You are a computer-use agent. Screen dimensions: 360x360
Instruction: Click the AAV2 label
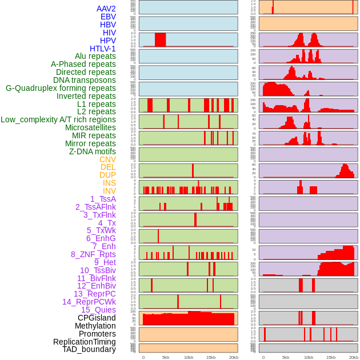106,9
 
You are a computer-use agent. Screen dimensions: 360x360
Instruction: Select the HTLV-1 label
103,49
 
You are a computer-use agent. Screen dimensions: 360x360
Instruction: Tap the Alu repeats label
95,56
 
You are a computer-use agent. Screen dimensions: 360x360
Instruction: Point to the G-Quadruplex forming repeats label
61,88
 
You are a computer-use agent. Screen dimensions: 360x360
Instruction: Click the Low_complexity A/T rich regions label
58,119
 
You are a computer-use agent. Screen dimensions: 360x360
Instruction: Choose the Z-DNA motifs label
93,151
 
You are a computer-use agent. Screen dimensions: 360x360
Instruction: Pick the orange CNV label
107,159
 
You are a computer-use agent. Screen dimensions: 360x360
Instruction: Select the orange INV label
109,191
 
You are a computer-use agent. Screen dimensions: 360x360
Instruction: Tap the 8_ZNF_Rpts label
93,254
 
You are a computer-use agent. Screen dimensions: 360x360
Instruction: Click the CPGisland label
97,318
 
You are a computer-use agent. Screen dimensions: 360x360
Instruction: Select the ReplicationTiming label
85,342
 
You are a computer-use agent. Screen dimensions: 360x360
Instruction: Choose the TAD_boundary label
89,349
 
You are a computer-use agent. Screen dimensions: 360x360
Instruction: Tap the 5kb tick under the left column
166,357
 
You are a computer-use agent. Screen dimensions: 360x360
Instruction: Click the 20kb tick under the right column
354,357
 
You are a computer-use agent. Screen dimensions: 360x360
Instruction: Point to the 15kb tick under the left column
211,357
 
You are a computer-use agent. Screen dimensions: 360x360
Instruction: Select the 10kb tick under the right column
309,357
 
